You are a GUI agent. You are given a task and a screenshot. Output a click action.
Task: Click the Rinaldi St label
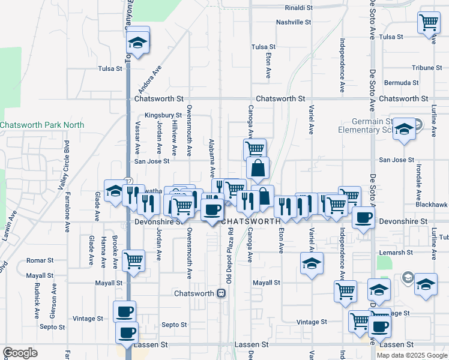pyautogui.click(x=298, y=8)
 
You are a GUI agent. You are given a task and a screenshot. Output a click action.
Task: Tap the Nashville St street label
pyautogui.click(x=294, y=22)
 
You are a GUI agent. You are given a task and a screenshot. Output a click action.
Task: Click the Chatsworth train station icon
pyautogui.click(x=221, y=293)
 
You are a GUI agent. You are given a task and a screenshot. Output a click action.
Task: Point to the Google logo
pyautogui.click(x=20, y=353)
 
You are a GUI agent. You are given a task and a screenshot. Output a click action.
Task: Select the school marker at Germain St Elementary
pyautogui.click(x=404, y=130)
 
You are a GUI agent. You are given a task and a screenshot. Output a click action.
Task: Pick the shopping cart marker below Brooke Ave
pyautogui.click(x=133, y=261)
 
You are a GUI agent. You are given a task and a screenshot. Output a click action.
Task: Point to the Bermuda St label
pyautogui.click(x=402, y=82)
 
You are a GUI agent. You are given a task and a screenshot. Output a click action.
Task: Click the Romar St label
pyautogui.click(x=41, y=261)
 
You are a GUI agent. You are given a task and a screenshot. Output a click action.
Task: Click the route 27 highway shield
pyautogui.click(x=128, y=181)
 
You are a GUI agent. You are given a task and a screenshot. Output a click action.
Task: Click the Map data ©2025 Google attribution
pyautogui.click(x=411, y=355)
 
